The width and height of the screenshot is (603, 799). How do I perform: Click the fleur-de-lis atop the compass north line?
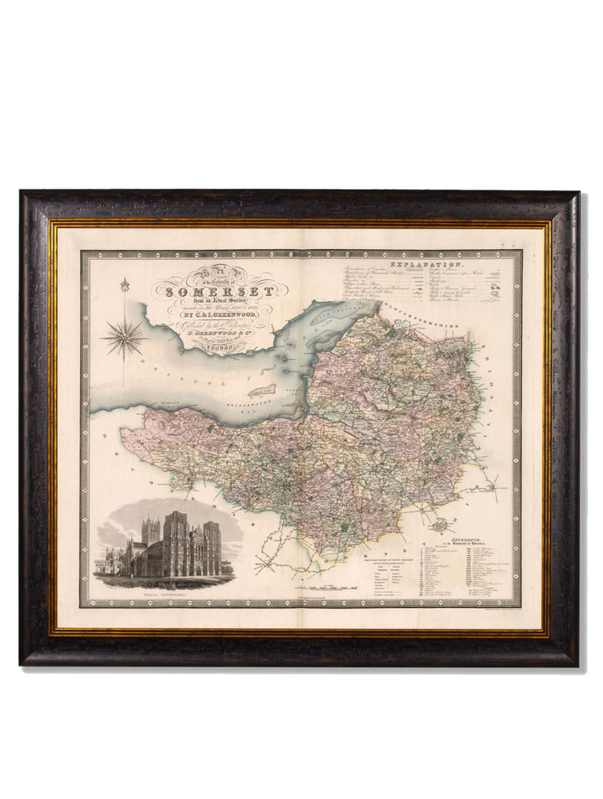tap(124, 284)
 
